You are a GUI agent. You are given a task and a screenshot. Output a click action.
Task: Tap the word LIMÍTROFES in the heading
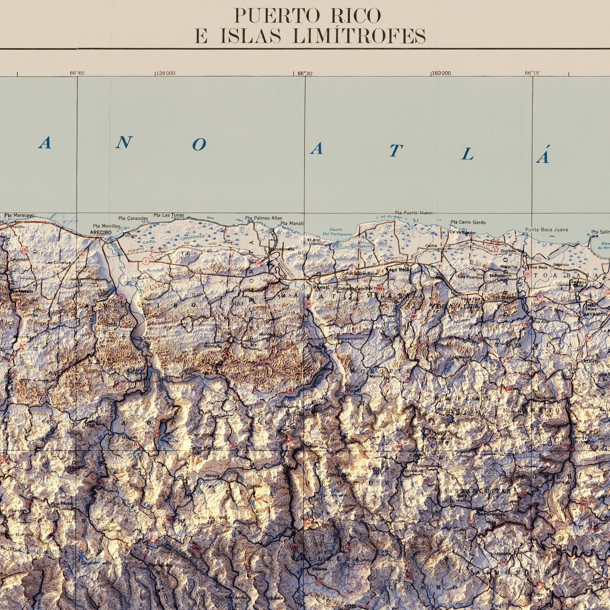point(359,36)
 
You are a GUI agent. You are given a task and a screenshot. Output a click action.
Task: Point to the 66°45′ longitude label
point(77,73)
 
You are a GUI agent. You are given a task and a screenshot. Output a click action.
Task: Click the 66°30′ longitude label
point(305,73)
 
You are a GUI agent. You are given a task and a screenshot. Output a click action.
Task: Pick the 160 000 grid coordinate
point(442,73)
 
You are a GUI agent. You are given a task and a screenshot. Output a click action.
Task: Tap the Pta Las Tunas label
point(169,215)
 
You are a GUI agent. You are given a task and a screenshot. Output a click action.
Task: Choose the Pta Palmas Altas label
point(263,218)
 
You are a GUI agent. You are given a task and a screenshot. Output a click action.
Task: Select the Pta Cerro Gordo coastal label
point(468,222)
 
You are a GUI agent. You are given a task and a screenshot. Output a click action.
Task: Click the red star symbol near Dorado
point(493,245)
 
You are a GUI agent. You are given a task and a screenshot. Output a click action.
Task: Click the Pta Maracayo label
point(19,215)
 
